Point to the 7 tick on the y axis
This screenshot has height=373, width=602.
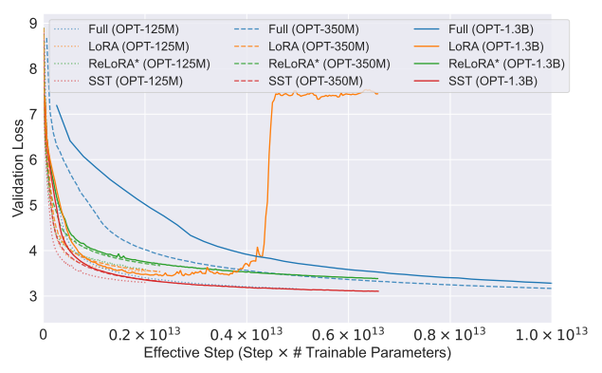(33, 113)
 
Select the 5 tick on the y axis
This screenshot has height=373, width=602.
(33, 205)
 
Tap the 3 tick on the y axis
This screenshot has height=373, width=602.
(33, 297)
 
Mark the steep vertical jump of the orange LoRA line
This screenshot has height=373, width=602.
(267, 171)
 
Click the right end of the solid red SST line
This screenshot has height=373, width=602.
(378, 291)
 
